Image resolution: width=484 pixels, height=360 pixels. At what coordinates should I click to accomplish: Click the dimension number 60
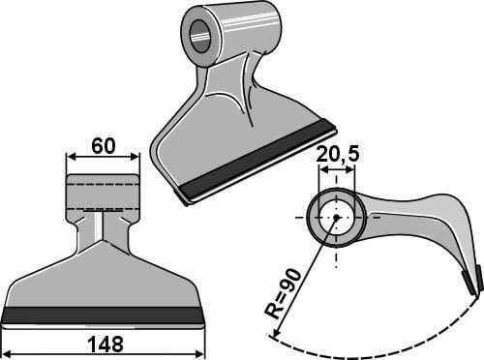pyautogui.click(x=103, y=146)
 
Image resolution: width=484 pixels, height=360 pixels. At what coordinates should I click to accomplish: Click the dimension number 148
pyautogui.click(x=106, y=344)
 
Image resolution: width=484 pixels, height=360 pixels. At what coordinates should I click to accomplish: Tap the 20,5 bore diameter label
pyautogui.click(x=338, y=155)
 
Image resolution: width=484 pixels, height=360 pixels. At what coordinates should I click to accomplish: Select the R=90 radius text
pyautogui.click(x=283, y=293)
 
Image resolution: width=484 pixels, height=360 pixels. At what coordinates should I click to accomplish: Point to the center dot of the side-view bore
pyautogui.click(x=336, y=218)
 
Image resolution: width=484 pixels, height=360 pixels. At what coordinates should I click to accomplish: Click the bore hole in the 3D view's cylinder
pyautogui.click(x=201, y=36)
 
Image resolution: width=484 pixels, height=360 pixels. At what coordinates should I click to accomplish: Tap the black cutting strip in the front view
pyautogui.click(x=103, y=315)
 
